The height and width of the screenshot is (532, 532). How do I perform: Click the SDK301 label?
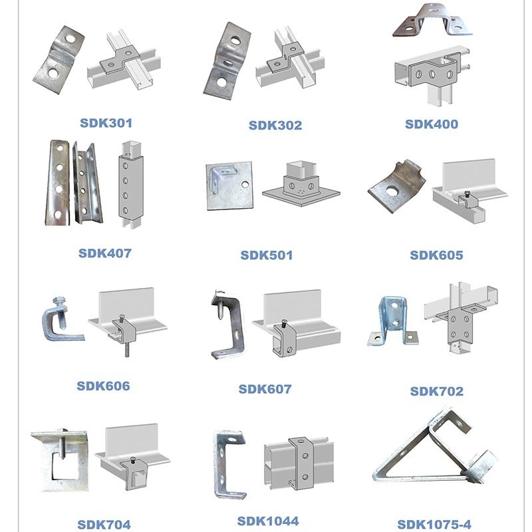106,123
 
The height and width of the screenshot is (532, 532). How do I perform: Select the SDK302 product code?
275,125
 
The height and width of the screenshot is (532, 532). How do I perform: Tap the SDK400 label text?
432,124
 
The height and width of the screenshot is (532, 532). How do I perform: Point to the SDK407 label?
105,253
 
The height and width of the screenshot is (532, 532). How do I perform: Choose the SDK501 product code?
267,255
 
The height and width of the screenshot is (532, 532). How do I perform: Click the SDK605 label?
436,255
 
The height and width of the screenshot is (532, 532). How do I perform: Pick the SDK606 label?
103,386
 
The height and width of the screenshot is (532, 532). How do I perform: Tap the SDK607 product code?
265,389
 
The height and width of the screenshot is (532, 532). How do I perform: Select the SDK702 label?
437,391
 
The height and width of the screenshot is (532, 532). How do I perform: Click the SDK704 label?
104,525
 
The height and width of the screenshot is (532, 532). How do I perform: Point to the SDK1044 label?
268,521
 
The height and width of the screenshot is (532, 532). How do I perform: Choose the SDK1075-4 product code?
434,524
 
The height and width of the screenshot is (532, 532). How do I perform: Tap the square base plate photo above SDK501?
229,186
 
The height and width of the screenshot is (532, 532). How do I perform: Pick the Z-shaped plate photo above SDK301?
59,60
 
